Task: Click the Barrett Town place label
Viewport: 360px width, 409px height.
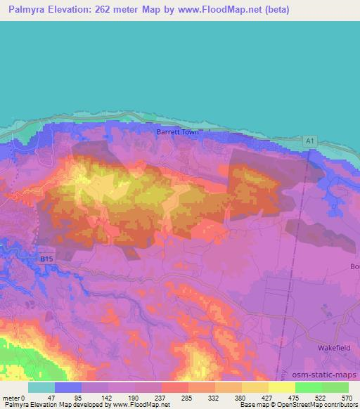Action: click(x=178, y=131)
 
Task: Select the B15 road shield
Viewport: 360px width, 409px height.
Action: click(x=46, y=259)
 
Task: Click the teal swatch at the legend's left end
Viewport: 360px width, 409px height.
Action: click(x=41, y=387)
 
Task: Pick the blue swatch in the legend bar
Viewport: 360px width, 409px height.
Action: click(x=68, y=387)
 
